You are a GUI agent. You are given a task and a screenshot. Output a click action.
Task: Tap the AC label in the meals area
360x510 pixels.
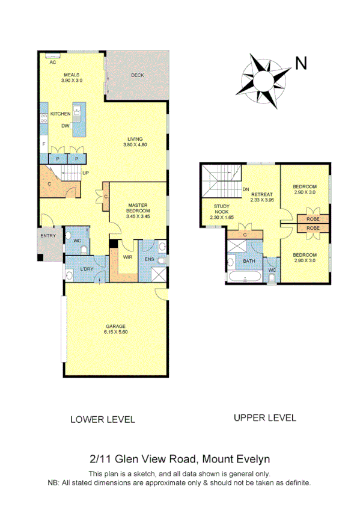(x=53, y=62)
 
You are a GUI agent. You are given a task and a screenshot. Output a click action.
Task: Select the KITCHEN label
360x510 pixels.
(x=60, y=114)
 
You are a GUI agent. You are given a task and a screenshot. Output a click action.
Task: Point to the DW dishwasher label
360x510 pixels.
(x=64, y=126)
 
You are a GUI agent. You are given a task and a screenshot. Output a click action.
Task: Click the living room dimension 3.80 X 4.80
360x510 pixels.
(x=135, y=144)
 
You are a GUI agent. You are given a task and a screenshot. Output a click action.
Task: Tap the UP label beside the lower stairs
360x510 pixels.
(x=85, y=173)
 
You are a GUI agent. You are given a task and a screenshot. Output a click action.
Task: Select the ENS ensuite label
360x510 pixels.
(x=150, y=259)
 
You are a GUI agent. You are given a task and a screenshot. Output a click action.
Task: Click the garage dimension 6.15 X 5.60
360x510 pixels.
(x=115, y=331)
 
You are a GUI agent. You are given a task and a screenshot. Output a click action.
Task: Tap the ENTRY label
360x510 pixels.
(x=48, y=235)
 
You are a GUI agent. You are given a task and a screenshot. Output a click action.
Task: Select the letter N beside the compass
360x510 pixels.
(x=301, y=63)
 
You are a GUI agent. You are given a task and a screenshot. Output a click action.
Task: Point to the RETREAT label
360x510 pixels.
(x=263, y=194)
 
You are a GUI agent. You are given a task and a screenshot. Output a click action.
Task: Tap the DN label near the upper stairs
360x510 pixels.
(x=246, y=190)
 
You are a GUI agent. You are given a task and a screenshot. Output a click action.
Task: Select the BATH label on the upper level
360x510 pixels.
(x=249, y=261)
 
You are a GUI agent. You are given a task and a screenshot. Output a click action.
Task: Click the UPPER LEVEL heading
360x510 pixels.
(x=265, y=417)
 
